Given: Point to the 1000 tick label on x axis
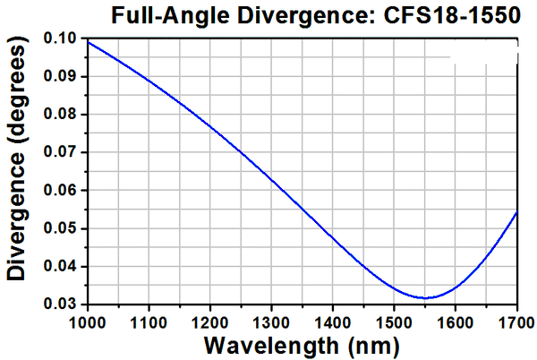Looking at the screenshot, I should pyautogui.click(x=88, y=321).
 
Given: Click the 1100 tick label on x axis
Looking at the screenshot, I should pyautogui.click(x=149, y=321).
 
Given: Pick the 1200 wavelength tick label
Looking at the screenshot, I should pyautogui.click(x=210, y=321).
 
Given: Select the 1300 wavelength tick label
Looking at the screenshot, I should pyautogui.click(x=271, y=321).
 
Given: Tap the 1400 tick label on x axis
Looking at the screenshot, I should pyautogui.click(x=333, y=321).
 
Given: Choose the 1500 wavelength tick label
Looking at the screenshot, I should pyautogui.click(x=394, y=321).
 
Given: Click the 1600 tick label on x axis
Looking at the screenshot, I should pyautogui.click(x=456, y=321).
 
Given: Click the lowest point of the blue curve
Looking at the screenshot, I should pyautogui.click(x=427, y=297).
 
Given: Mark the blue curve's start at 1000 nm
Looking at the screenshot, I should pyautogui.click(x=88, y=42).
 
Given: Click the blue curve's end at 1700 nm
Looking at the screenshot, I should pyautogui.click(x=517, y=212).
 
